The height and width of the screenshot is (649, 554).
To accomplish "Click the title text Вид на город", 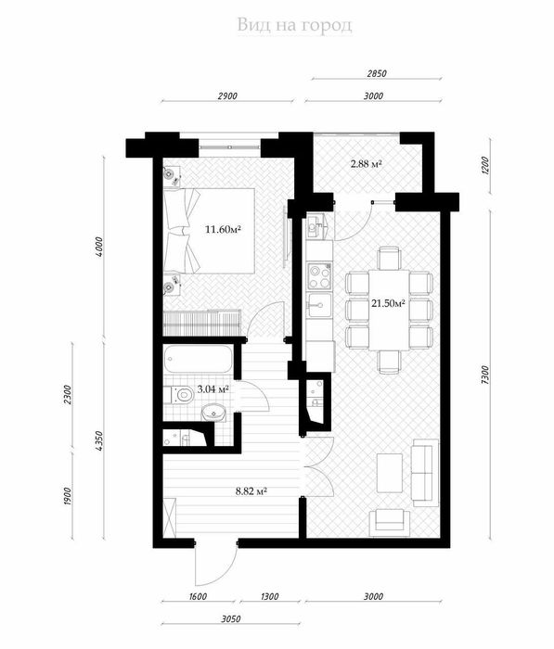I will click(294, 24).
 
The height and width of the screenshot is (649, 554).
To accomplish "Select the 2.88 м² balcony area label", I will click(367, 164).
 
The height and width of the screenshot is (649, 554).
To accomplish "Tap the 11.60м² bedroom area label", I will click(223, 229).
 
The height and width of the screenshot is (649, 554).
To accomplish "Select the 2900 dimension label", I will click(227, 95).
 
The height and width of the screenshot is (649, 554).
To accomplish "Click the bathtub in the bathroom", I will click(197, 359).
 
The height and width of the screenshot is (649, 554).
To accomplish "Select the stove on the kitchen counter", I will click(319, 274).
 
